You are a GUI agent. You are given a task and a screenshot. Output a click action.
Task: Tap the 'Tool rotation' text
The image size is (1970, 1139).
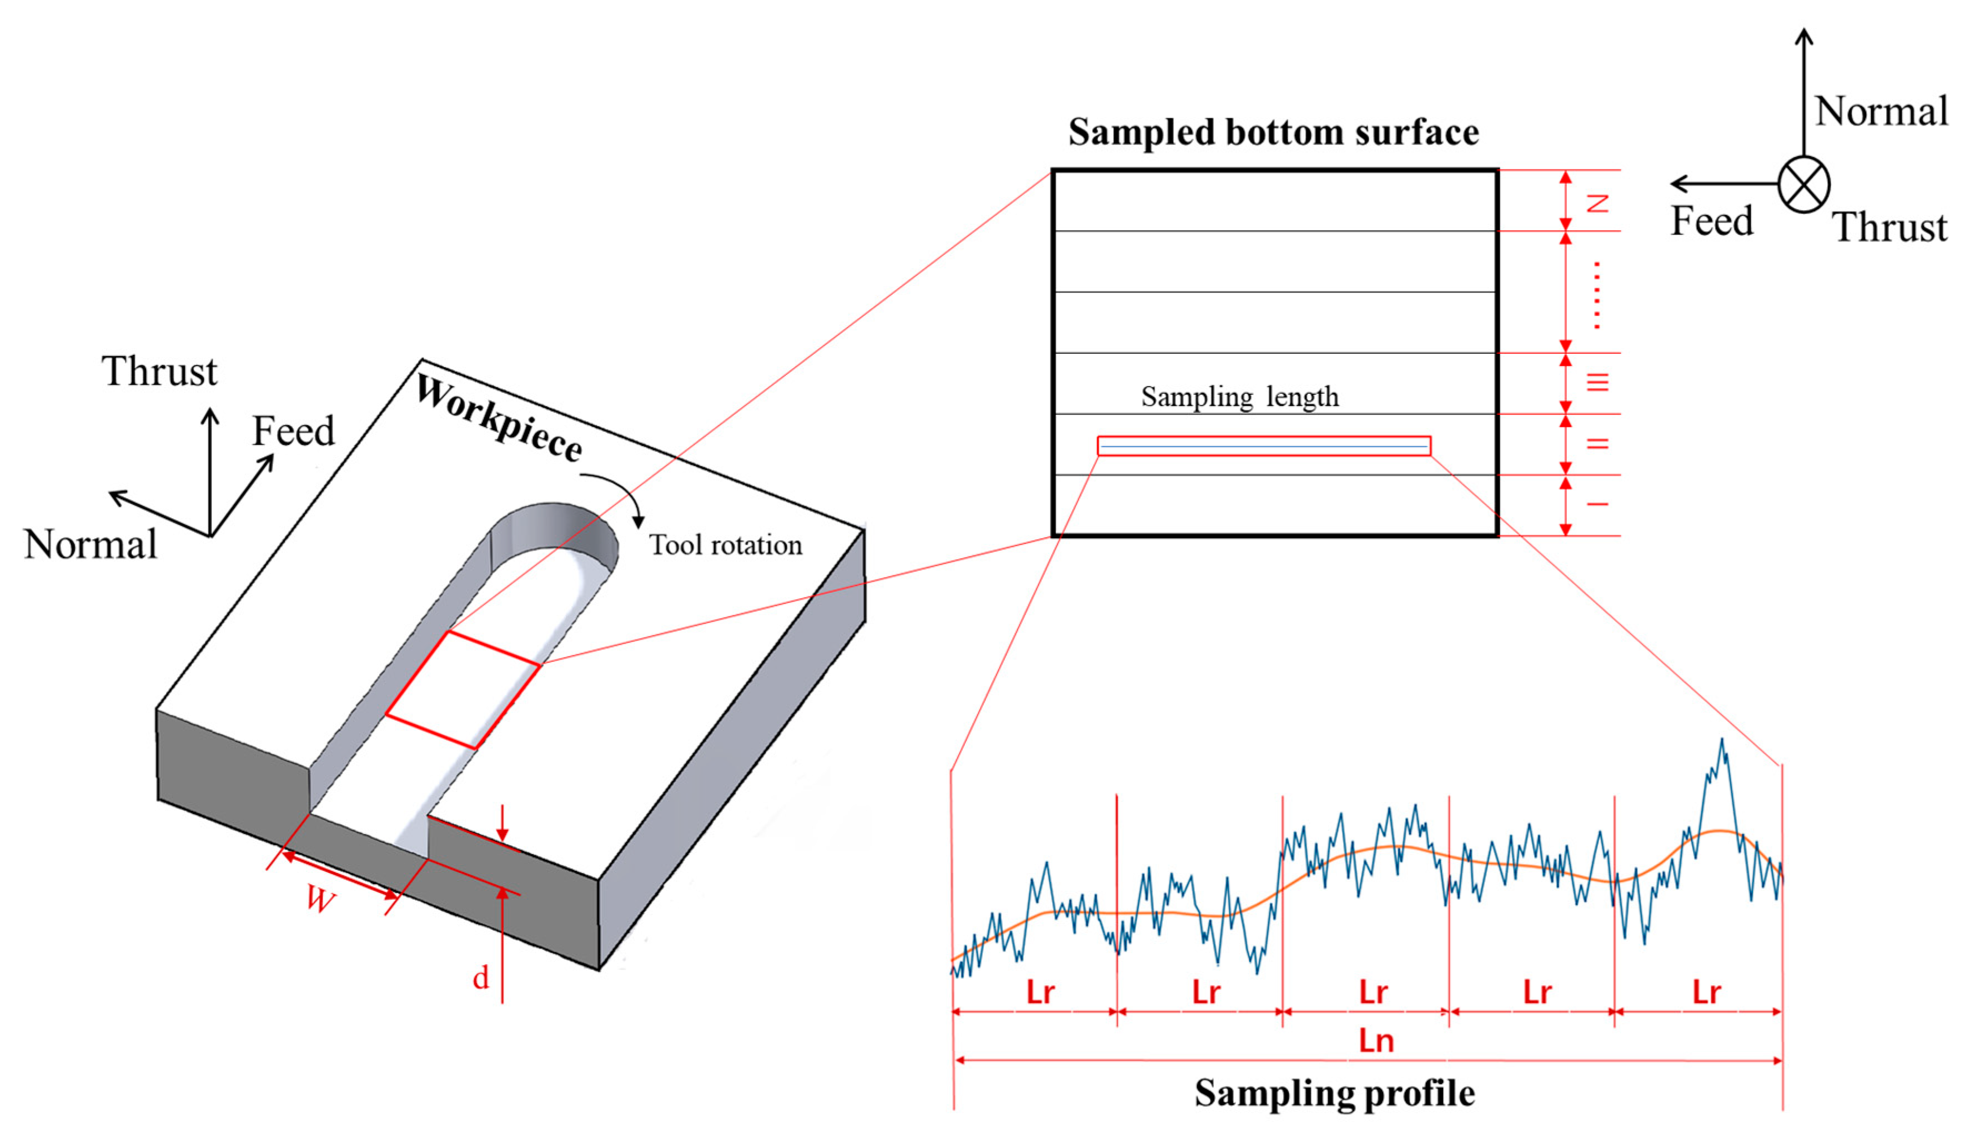(x=726, y=545)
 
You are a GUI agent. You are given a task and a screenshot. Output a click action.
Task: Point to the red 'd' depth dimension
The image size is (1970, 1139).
(x=481, y=978)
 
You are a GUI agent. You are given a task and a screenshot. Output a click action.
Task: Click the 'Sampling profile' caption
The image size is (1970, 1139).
(x=1334, y=1093)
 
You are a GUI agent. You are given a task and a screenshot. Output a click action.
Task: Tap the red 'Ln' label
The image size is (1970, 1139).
(x=1376, y=1041)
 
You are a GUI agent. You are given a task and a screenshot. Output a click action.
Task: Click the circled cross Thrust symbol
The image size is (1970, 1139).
(x=1803, y=184)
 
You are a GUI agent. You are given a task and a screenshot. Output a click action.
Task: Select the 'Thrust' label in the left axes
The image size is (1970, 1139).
(x=159, y=372)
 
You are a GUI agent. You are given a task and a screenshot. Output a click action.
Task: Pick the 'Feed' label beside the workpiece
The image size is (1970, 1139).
(x=293, y=431)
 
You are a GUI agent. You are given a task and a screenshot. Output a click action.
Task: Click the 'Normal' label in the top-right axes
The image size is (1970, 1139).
(x=1880, y=111)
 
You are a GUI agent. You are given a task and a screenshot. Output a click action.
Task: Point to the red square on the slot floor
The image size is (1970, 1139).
(x=462, y=690)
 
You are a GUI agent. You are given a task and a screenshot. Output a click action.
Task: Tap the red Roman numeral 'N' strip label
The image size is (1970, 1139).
(x=1596, y=203)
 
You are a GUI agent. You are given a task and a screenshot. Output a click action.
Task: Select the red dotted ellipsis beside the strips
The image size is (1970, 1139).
(x=1596, y=295)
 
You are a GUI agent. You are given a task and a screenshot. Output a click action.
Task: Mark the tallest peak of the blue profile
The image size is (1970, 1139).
(x=1721, y=740)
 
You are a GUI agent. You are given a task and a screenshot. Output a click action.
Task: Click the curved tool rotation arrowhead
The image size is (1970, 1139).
(x=638, y=521)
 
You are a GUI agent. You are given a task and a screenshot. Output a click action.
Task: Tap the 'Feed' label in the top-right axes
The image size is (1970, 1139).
(x=1711, y=221)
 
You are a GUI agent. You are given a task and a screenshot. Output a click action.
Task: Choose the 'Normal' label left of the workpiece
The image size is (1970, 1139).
(x=91, y=545)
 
